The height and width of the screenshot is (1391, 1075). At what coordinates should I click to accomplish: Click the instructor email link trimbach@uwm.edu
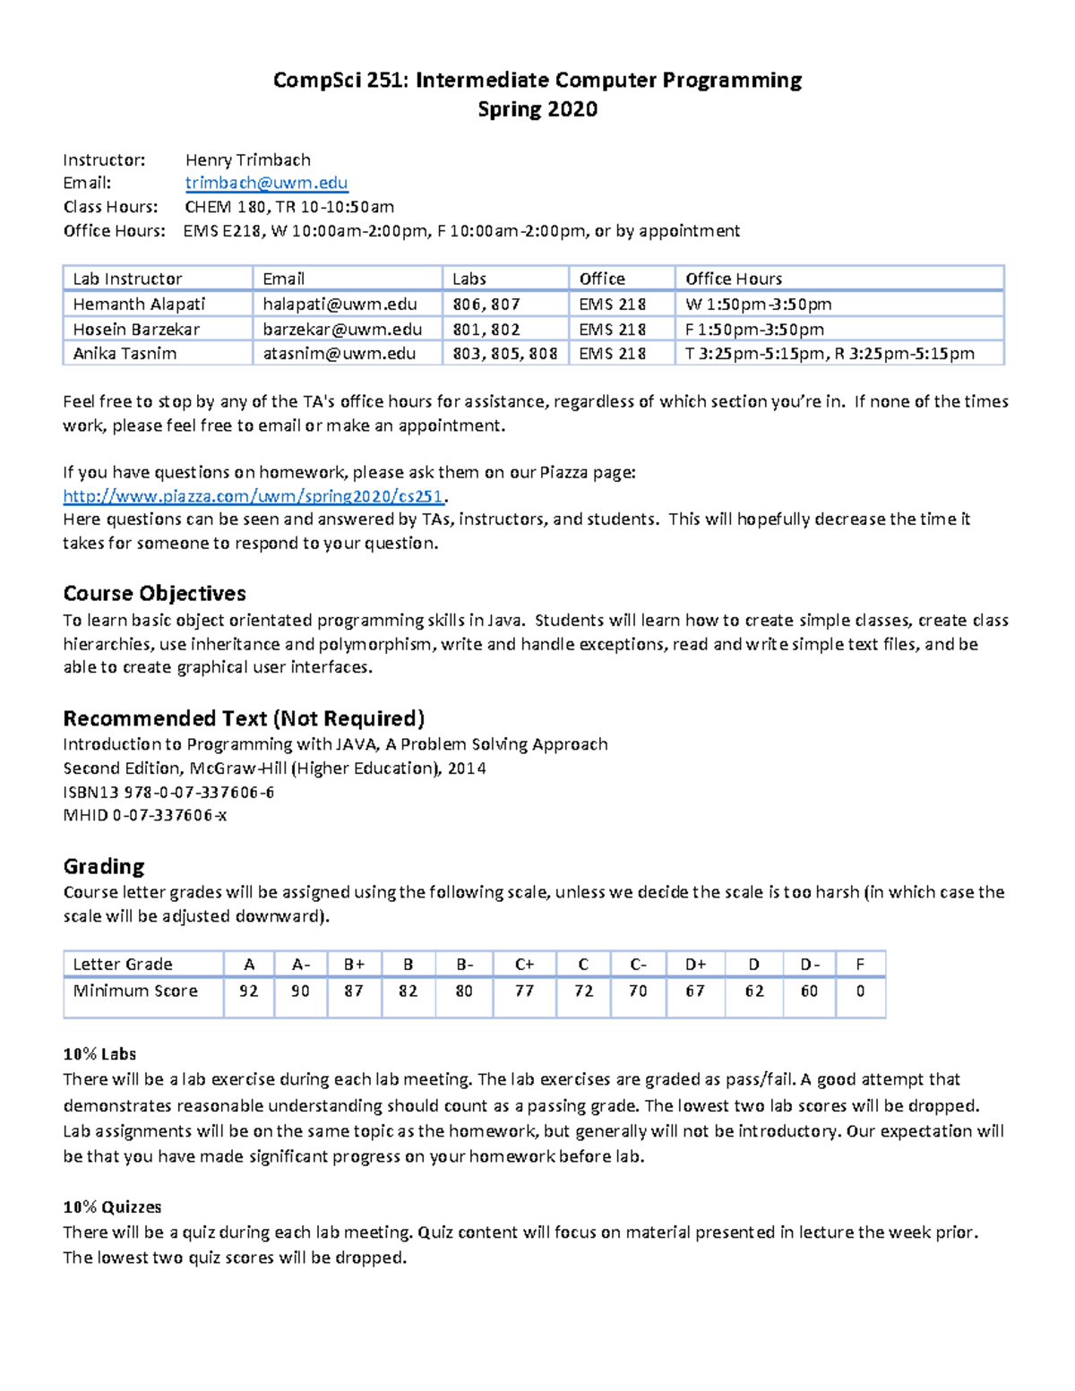[x=266, y=183]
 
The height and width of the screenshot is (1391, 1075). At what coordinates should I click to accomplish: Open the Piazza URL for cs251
[x=254, y=496]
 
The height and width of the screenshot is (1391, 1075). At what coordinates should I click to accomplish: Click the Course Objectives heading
[x=154, y=594]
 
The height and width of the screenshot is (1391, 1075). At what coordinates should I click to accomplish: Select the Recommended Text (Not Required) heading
[x=244, y=718]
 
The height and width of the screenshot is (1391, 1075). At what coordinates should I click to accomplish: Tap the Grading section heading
[x=103, y=866]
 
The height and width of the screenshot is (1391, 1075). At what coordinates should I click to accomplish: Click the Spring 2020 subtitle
[x=537, y=109]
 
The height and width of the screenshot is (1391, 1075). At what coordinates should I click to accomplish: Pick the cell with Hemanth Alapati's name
[x=139, y=305]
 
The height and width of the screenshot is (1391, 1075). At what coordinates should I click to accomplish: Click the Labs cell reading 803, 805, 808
[x=504, y=354]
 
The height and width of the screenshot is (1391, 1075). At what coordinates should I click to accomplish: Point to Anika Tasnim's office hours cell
[x=830, y=354]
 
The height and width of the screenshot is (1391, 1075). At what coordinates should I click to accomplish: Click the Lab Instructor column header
[x=127, y=279]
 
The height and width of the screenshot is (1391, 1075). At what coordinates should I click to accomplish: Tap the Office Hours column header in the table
[x=734, y=279]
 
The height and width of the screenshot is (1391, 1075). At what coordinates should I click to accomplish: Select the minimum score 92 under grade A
[x=249, y=991]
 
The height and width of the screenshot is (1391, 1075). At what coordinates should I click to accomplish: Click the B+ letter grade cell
[x=354, y=965]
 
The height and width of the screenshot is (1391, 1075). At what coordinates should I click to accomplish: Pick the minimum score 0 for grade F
[x=860, y=991]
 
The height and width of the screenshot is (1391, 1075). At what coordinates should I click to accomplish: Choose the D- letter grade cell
[x=809, y=965]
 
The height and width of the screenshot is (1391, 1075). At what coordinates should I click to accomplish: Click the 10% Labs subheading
[x=99, y=1054]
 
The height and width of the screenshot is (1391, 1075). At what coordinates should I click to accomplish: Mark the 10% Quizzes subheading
[x=112, y=1207]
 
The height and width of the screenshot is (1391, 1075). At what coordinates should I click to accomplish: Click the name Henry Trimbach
[x=247, y=160]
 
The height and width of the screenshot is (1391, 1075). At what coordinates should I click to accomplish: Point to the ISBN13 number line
[x=168, y=793]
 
